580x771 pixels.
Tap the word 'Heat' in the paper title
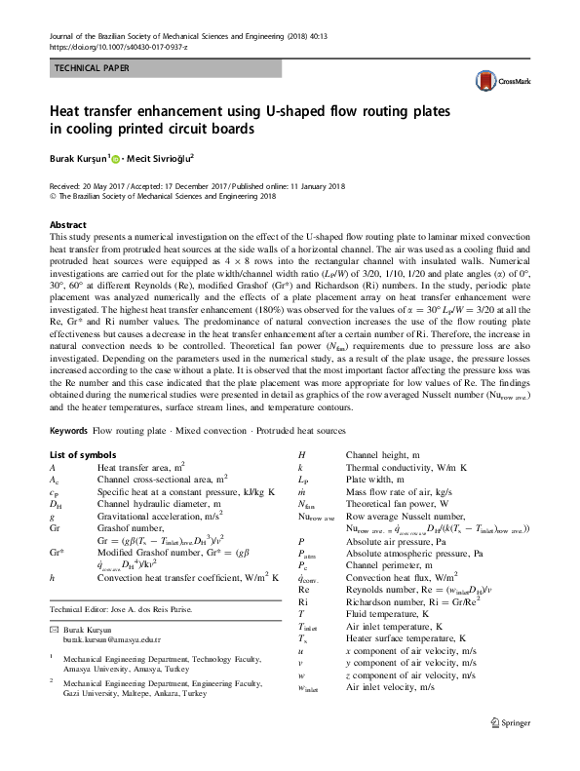[71, 112]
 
